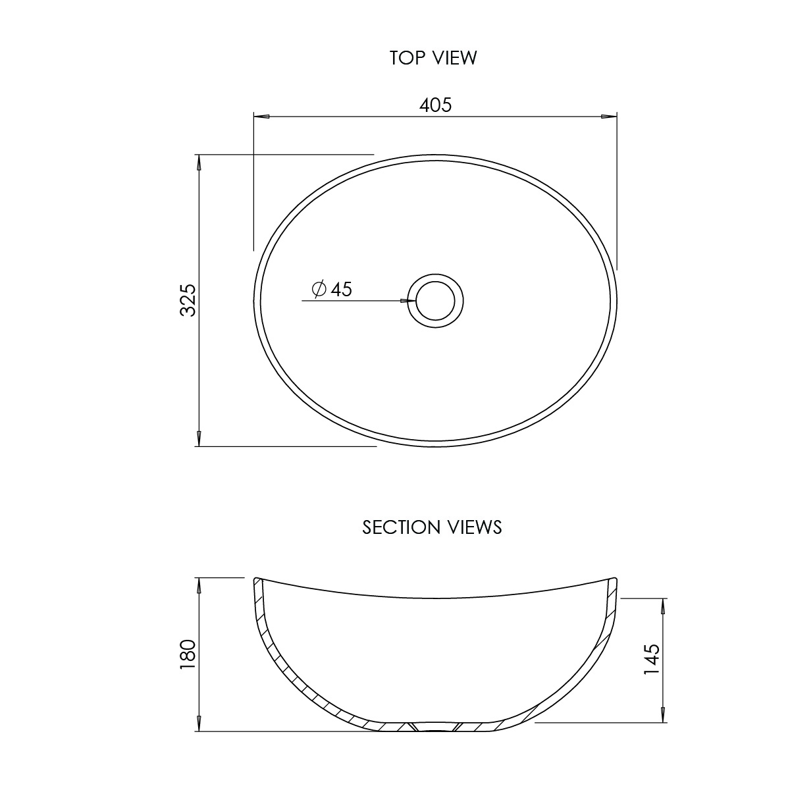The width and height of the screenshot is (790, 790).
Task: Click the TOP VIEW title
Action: (x=433, y=58)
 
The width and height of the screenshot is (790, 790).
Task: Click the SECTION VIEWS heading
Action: (x=432, y=527)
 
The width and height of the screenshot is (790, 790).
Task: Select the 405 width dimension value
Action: (x=436, y=105)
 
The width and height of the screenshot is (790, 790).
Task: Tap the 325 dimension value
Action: (x=188, y=300)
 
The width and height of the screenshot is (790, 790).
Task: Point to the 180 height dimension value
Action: (x=188, y=654)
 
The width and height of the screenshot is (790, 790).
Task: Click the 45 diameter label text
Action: (x=342, y=289)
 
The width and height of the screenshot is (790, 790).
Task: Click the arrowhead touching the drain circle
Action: (x=408, y=301)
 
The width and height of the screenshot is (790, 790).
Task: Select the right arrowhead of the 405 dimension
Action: (x=609, y=117)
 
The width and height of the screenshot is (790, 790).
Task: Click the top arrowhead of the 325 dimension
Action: (x=198, y=163)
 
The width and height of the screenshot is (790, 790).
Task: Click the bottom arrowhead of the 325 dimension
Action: (x=198, y=438)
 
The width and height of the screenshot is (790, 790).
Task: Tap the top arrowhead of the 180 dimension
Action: (x=198, y=585)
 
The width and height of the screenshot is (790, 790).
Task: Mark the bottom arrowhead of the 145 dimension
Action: (x=662, y=714)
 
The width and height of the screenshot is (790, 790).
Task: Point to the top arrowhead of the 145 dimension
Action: (x=662, y=606)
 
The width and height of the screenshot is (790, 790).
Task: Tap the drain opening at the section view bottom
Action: (x=433, y=728)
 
